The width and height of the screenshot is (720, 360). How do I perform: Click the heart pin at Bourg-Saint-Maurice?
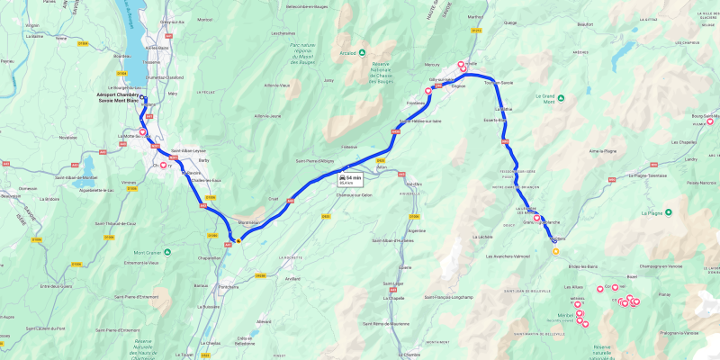pos(709,121)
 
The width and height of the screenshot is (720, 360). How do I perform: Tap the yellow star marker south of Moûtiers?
pos(555,252)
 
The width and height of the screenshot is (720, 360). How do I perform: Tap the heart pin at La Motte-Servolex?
pos(142,132)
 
